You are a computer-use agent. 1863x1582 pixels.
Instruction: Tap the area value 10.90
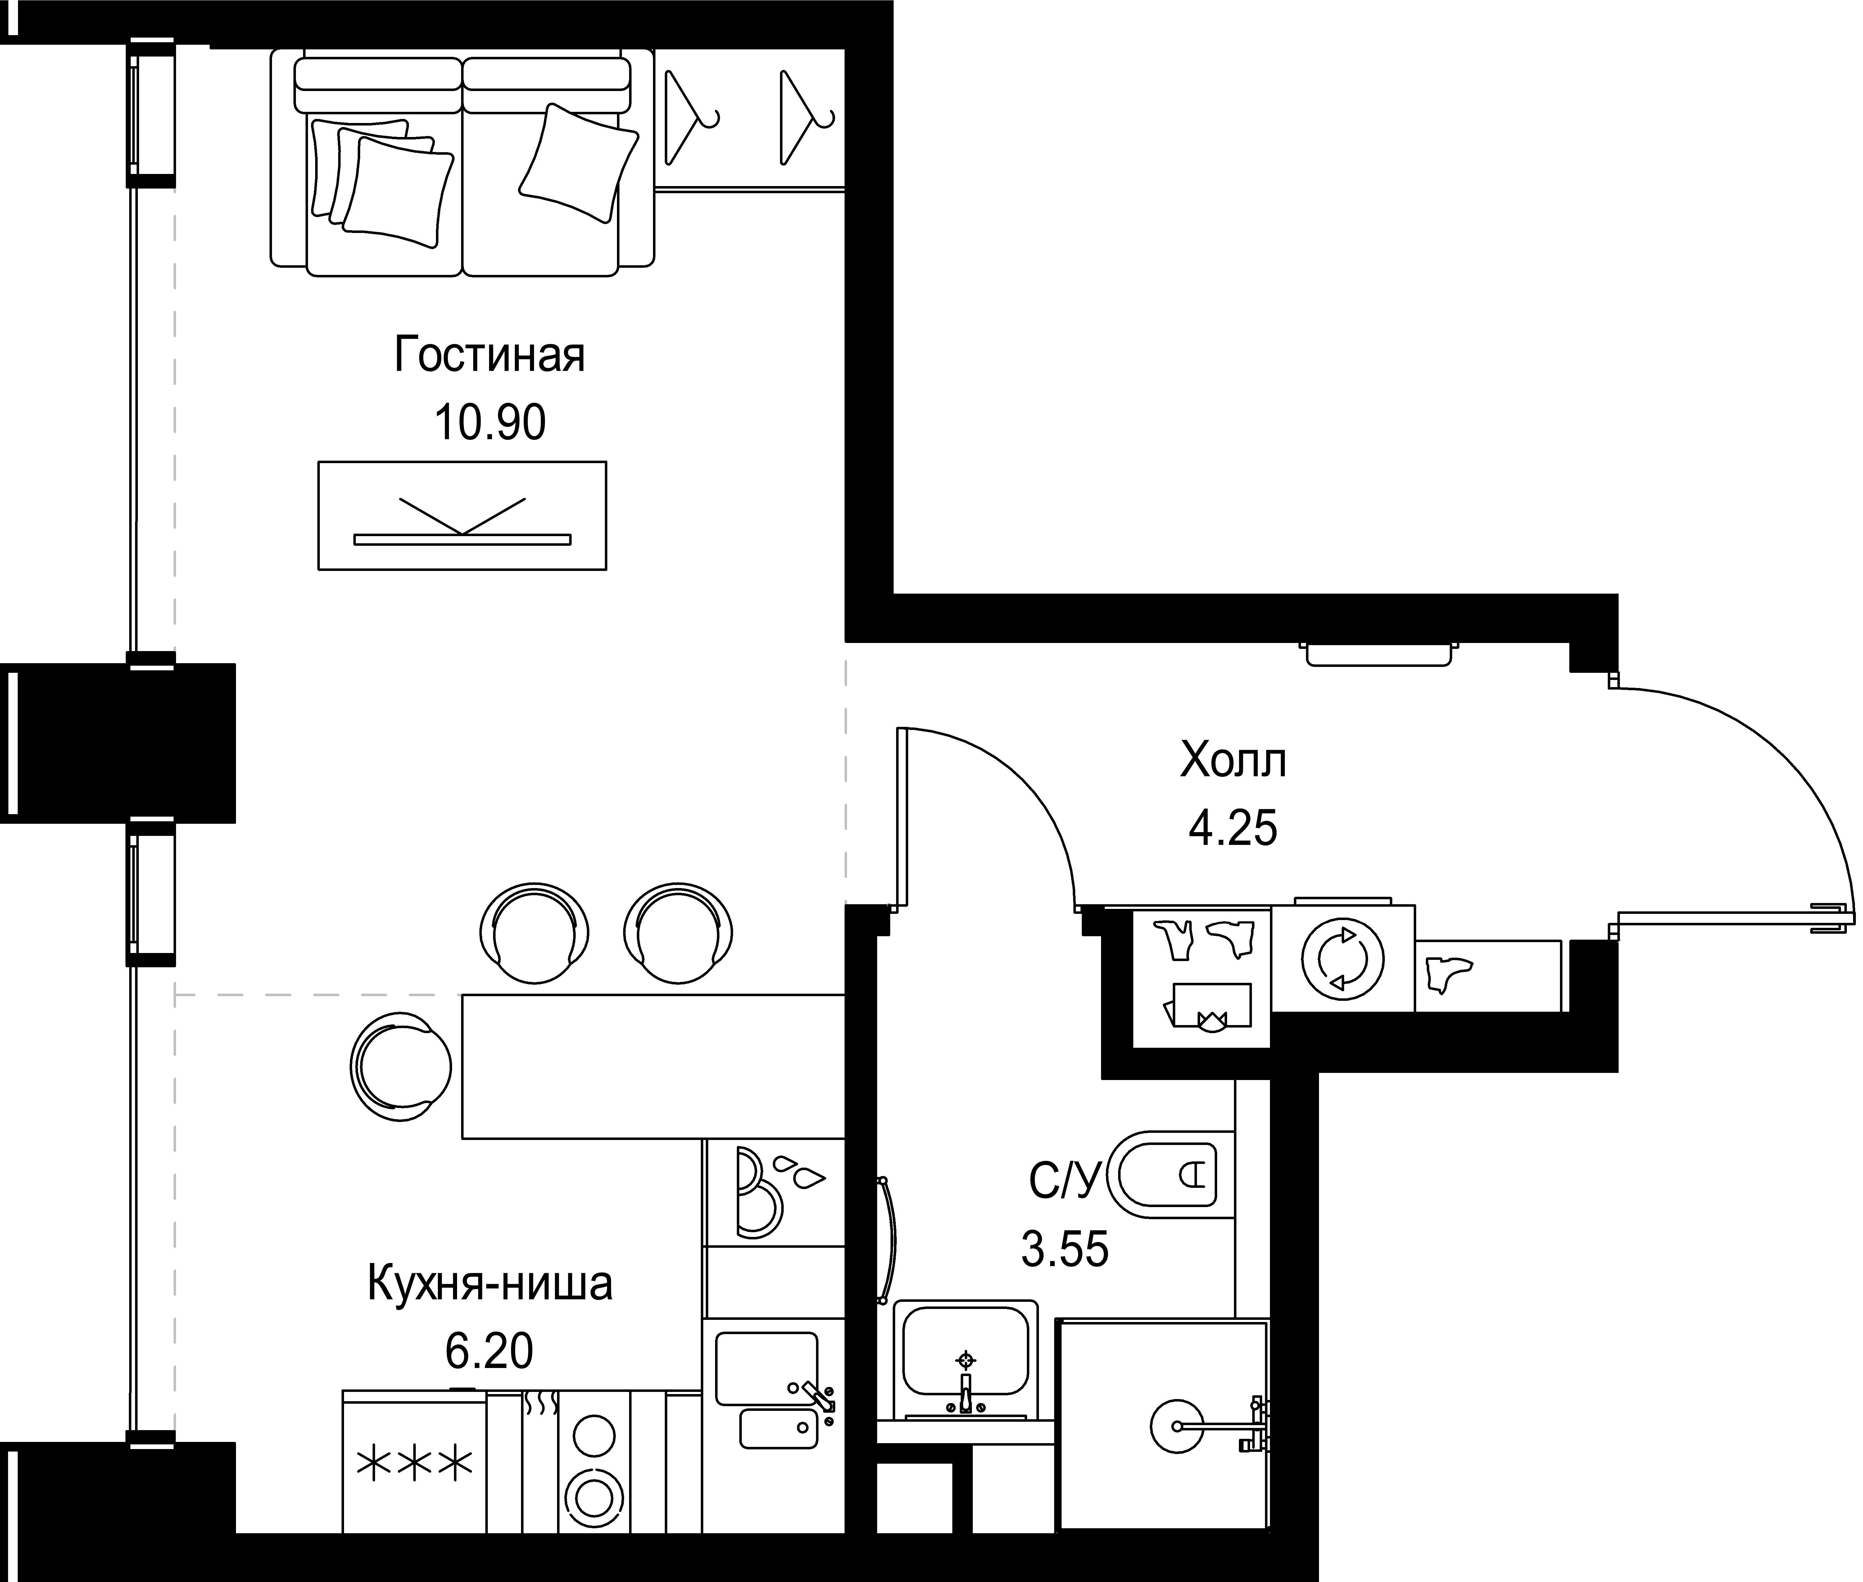coord(490,422)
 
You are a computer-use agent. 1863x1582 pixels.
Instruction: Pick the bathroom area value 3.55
coord(1065,1248)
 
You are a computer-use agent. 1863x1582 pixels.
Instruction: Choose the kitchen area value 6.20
coord(490,1351)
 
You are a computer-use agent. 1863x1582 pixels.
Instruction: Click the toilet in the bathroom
coord(1166,1174)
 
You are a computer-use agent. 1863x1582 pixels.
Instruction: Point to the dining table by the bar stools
coord(653,1066)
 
